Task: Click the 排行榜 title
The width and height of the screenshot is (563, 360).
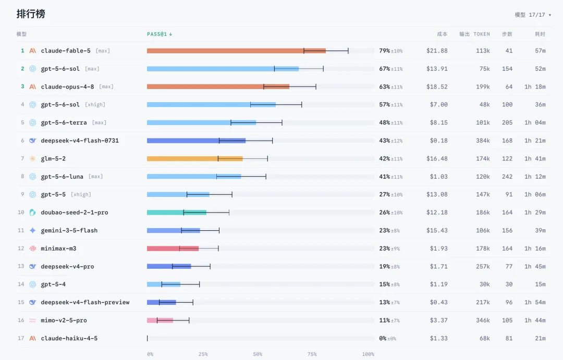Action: pyautogui.click(x=31, y=14)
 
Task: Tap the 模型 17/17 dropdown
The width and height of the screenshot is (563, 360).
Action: pyautogui.click(x=533, y=15)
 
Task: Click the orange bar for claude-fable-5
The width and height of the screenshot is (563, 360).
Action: pyautogui.click(x=236, y=51)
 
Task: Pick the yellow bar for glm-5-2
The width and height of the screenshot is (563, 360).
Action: pyautogui.click(x=194, y=159)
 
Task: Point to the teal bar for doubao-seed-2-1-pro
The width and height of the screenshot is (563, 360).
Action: pyautogui.click(x=177, y=213)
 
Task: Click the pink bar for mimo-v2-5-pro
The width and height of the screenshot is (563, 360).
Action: pyautogui.click(x=160, y=320)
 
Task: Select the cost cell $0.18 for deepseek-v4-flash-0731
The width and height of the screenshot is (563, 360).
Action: pyautogui.click(x=439, y=141)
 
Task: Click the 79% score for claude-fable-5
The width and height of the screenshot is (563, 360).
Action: pyautogui.click(x=385, y=51)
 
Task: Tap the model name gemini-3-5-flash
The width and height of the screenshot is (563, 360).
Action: pyautogui.click(x=69, y=230)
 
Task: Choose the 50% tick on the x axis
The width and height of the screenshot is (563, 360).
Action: pyautogui.click(x=258, y=354)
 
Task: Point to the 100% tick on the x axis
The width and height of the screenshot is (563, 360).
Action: pyautogui.click(x=368, y=354)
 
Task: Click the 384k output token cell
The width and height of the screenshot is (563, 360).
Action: pyautogui.click(x=483, y=141)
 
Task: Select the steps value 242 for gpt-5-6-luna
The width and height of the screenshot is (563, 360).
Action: pyautogui.click(x=507, y=177)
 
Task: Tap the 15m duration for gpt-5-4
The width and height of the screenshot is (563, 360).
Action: pyautogui.click(x=541, y=284)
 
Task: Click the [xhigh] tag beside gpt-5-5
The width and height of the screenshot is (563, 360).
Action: pyautogui.click(x=81, y=194)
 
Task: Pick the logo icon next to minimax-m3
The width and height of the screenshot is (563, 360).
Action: pyautogui.click(x=33, y=249)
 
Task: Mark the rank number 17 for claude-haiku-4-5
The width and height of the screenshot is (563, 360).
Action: pyautogui.click(x=21, y=338)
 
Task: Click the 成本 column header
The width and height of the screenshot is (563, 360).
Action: pyautogui.click(x=443, y=34)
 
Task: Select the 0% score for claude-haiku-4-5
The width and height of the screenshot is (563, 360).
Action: pyautogui.click(x=383, y=338)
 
